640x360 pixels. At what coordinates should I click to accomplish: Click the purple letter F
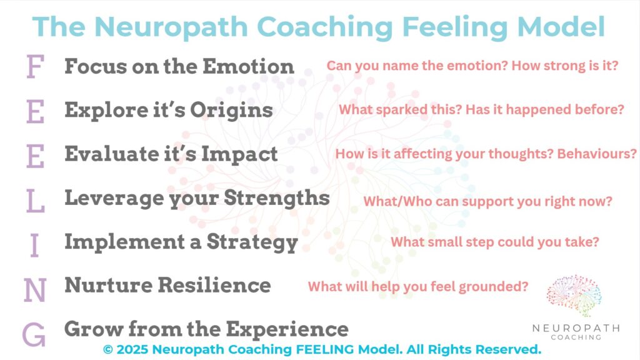click(36, 66)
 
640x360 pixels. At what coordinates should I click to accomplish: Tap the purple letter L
click(35, 201)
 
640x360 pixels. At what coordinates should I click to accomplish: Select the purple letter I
click(35, 245)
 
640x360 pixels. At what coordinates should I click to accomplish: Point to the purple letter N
click(35, 290)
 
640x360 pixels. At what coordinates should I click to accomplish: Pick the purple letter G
click(34, 334)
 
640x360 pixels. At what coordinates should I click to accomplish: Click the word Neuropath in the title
click(171, 27)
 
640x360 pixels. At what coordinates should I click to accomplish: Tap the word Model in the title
click(561, 27)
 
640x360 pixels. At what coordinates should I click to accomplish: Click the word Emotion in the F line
click(248, 66)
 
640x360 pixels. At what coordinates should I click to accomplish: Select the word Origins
click(231, 111)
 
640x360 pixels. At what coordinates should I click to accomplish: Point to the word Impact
click(239, 155)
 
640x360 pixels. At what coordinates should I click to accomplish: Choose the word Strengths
click(277, 198)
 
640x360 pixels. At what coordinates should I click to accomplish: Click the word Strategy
click(252, 243)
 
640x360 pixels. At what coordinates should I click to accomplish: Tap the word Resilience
click(214, 285)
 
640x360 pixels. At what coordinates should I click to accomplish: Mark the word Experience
click(287, 330)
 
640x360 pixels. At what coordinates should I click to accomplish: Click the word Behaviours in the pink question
click(597, 154)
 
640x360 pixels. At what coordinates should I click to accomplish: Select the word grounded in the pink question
click(494, 287)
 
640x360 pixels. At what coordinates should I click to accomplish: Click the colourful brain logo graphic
click(574, 296)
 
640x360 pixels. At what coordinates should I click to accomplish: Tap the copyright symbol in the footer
click(107, 350)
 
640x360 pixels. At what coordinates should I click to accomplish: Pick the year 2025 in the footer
click(132, 350)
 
